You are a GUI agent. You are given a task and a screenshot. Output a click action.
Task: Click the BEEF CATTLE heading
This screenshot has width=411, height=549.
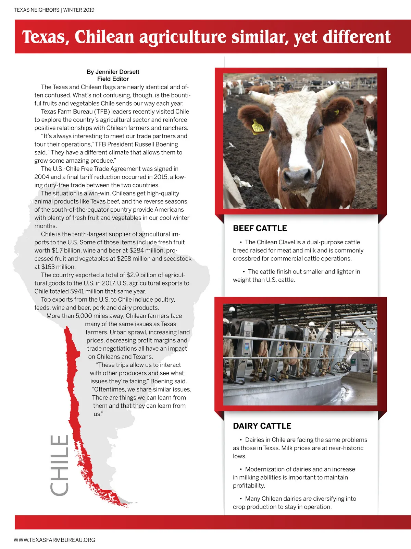coord(260,229)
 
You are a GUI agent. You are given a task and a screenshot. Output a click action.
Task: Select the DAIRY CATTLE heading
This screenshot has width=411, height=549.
coord(262,426)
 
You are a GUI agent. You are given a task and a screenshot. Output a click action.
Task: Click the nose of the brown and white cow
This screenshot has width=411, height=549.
coord(297,176)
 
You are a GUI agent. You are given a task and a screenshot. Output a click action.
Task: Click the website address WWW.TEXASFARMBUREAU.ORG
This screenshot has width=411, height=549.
coord(54,540)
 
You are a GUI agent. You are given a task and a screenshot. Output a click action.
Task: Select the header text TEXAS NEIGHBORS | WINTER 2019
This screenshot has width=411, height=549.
coord(54,10)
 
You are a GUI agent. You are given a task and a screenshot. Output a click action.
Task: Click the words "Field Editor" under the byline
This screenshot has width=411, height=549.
coord(113,79)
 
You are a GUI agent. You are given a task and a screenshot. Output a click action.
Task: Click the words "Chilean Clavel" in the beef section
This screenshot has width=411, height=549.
coord(276,242)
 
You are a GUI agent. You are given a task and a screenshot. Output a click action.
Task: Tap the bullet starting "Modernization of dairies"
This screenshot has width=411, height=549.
coord(294,477)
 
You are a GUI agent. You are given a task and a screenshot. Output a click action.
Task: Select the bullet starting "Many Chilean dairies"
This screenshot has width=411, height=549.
coord(295,503)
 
